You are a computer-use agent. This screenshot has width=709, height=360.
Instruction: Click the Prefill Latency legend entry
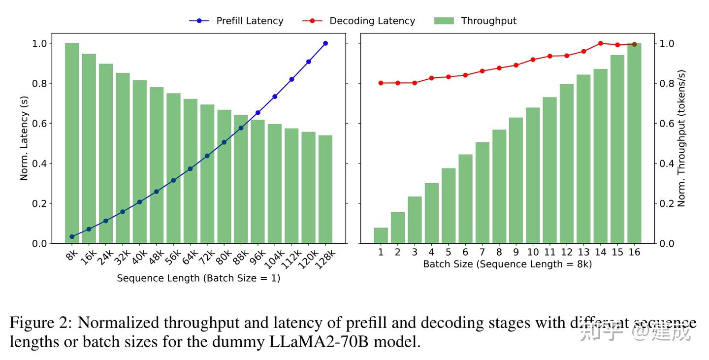point(236,21)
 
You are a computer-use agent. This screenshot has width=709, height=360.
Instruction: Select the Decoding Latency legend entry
point(359,21)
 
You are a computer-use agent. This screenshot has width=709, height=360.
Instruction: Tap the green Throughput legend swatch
point(444,21)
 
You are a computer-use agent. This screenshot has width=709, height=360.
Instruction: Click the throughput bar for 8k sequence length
point(72,143)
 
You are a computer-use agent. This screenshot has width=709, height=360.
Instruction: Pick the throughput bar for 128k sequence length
point(325,189)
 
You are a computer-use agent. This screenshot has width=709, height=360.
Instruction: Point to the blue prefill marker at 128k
point(325,43)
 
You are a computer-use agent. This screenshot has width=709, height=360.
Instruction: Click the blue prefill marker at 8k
point(72,237)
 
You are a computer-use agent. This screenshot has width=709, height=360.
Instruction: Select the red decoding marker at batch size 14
point(600,43)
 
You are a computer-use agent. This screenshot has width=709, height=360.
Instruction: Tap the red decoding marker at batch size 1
point(381,83)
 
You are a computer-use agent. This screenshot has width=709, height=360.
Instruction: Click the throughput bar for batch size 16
point(634,143)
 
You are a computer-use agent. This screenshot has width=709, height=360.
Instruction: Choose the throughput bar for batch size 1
point(381,235)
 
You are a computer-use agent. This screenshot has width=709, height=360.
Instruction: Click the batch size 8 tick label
point(499,252)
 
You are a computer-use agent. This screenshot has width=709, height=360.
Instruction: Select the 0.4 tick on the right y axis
point(667,164)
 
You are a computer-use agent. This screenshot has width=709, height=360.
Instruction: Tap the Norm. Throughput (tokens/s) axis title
point(681,138)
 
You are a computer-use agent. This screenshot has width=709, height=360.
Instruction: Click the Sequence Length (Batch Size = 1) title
point(198,278)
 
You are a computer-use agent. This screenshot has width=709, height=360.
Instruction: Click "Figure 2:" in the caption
point(41,323)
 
